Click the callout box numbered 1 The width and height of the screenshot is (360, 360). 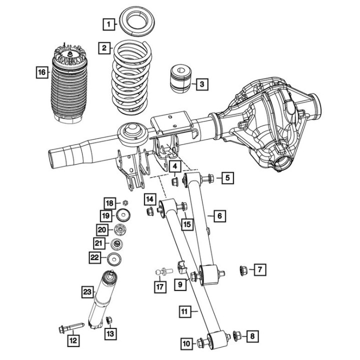point(107,23)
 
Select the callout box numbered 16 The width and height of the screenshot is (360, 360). point(42,73)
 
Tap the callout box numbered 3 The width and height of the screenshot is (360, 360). point(201,84)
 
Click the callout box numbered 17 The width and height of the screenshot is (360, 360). point(160,287)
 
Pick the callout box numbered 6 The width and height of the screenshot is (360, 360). point(219,216)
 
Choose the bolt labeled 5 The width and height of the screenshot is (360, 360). point(208,177)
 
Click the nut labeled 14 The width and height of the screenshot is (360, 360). point(149,213)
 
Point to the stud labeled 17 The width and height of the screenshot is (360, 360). point(163,271)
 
